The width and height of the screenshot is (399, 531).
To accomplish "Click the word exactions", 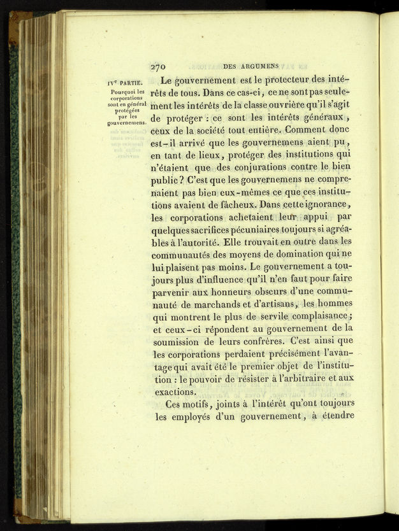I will [175, 392].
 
